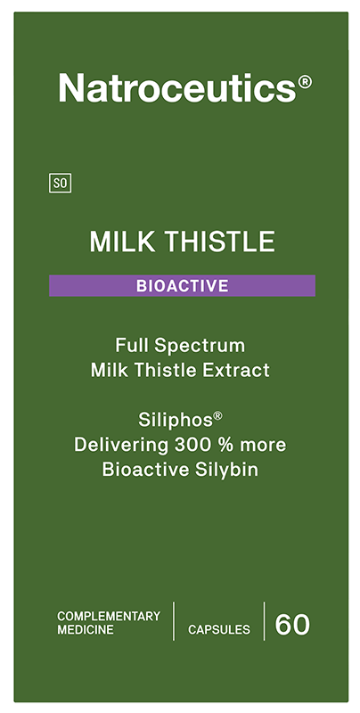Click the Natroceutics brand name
(176, 87)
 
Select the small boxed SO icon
(61, 184)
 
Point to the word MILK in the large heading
(114, 242)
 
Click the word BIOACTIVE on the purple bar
(182, 286)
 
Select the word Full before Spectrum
(132, 344)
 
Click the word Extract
(235, 370)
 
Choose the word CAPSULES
(218, 629)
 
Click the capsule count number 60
(292, 625)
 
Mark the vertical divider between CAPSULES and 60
(265, 621)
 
